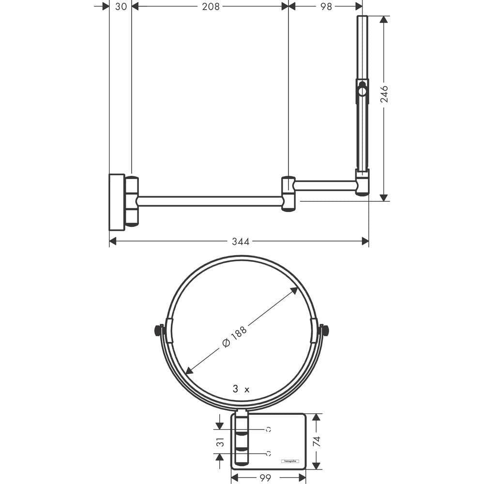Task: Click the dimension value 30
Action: (x=121, y=6)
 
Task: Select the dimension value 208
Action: (x=211, y=6)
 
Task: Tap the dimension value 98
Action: (x=326, y=6)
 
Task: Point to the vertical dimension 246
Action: (x=384, y=94)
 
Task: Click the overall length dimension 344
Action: (x=240, y=242)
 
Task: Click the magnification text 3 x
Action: (x=241, y=389)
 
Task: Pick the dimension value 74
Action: (x=316, y=441)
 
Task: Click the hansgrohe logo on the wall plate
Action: (x=290, y=461)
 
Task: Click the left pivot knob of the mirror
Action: (x=157, y=331)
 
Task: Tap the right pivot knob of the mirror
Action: (x=325, y=331)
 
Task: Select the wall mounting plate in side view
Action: (x=117, y=201)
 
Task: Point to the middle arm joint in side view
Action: (x=288, y=194)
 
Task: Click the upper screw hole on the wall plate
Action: (x=268, y=429)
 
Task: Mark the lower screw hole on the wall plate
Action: (x=268, y=454)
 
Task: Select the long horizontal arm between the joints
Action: (x=210, y=201)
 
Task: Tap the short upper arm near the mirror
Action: (x=325, y=185)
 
